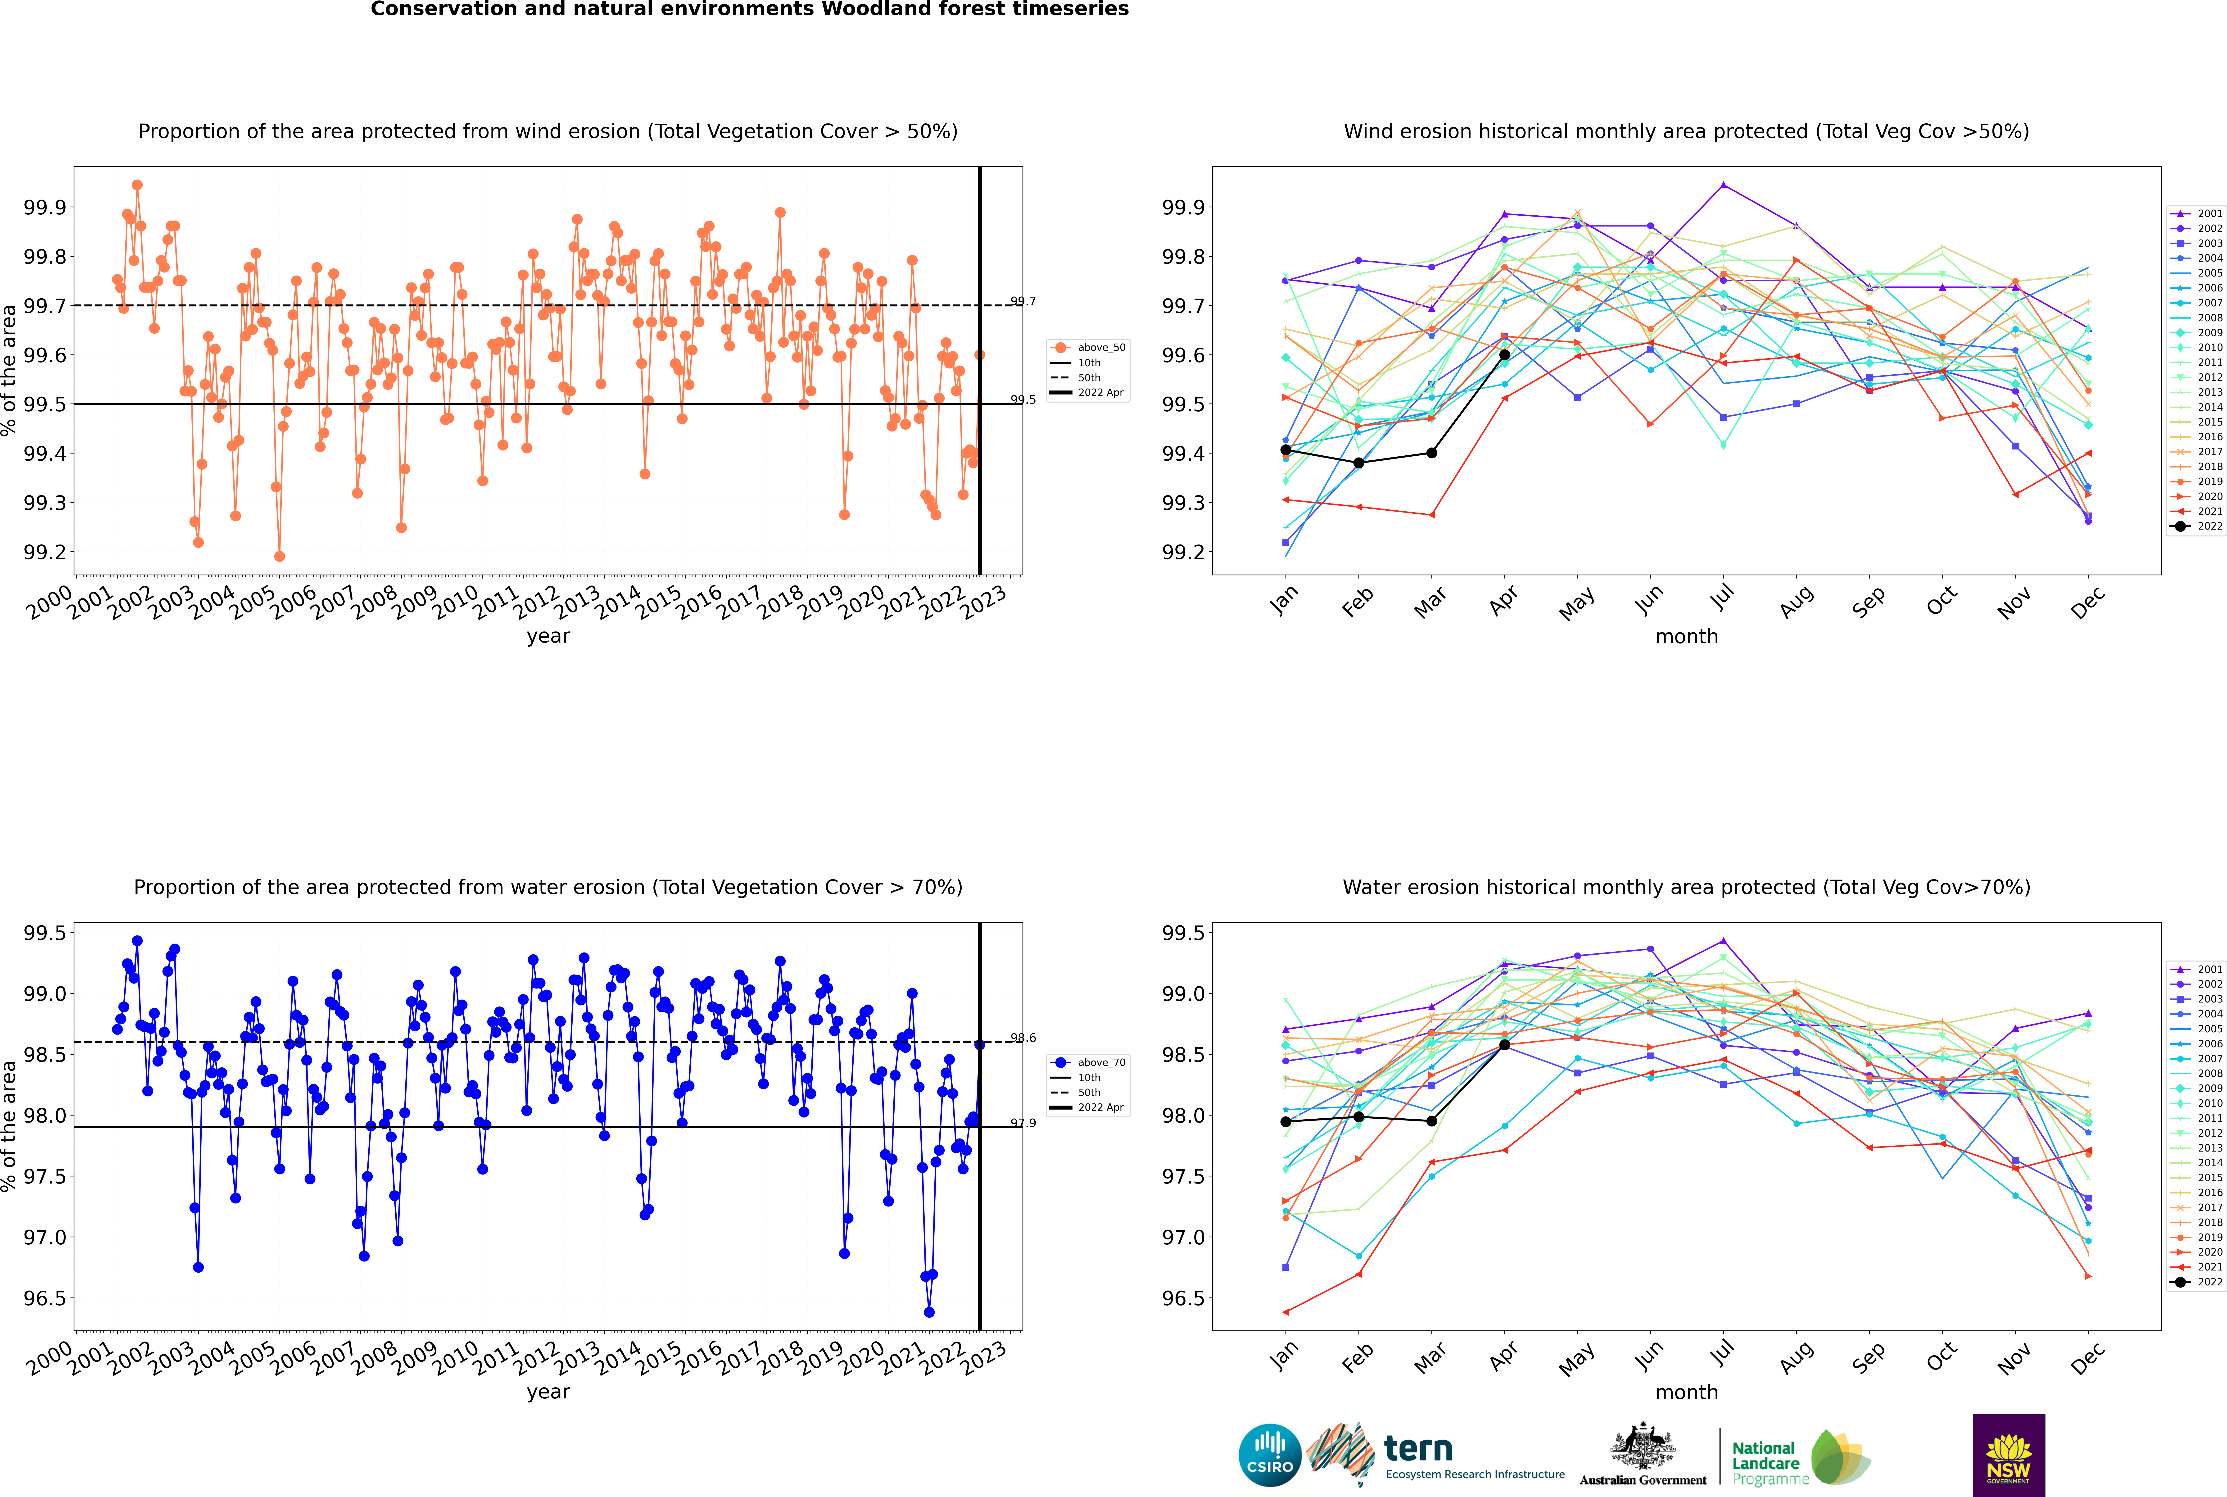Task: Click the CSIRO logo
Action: tap(1270, 1455)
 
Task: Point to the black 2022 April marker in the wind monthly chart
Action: tap(1504, 354)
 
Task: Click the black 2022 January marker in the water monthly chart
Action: tap(1286, 1121)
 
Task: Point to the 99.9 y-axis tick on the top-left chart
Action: tap(45, 207)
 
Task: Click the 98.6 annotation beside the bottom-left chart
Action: tap(1023, 1038)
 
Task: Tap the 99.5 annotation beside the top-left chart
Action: tap(1023, 399)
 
